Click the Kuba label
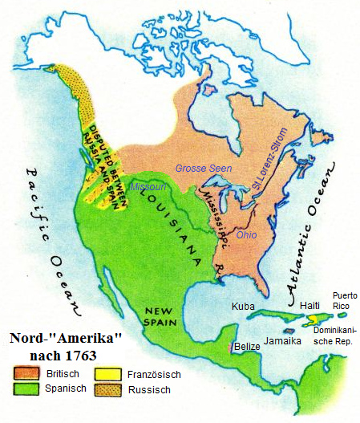pos(243,307)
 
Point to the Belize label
pos(248,347)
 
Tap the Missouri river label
pos(148,186)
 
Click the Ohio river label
pos(247,234)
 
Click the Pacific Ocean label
pos(50,241)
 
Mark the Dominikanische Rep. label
pos(334,336)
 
